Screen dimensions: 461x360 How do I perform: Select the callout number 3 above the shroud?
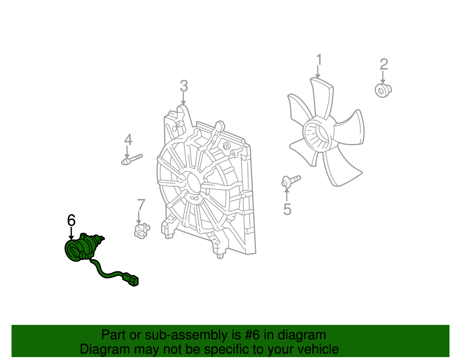point(184,86)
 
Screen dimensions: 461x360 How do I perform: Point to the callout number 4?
point(128,140)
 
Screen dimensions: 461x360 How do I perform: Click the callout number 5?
point(287,209)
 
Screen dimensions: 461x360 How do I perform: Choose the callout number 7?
point(141,205)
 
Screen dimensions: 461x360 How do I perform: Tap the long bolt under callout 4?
point(132,160)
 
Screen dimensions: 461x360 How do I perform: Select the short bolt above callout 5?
point(291,181)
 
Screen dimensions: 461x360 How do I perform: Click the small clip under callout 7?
point(142,231)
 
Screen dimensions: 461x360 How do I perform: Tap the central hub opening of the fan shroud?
point(194,183)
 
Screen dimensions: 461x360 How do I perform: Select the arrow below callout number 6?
point(71,233)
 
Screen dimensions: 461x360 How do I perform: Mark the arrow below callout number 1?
point(318,72)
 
